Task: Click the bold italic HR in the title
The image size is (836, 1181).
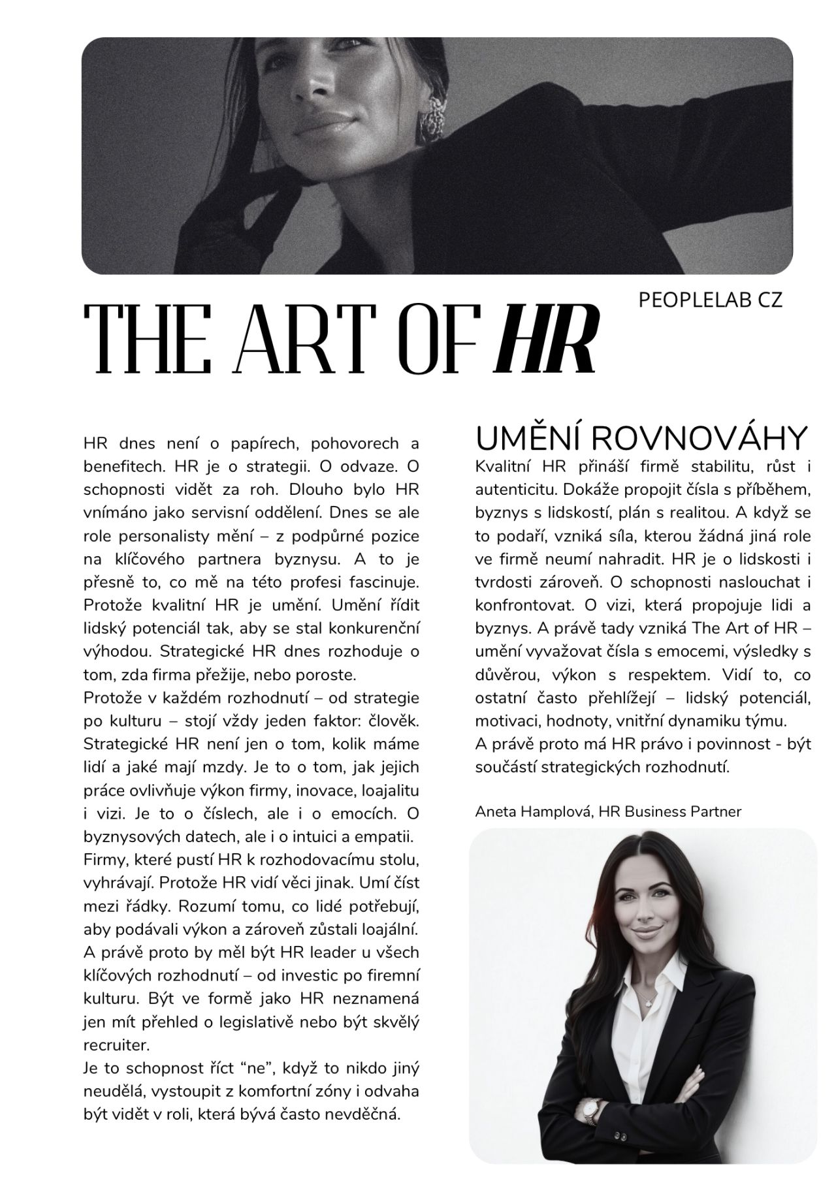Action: (547, 338)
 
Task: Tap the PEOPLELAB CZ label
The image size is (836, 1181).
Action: (710, 300)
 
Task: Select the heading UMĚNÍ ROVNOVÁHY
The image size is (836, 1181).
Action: (641, 438)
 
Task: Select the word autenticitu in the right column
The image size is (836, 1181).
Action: (515, 490)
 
